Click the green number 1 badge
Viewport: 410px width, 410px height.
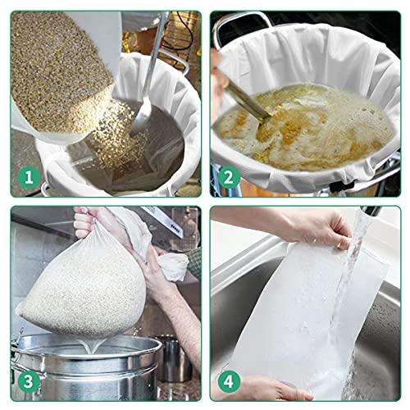click(28, 177)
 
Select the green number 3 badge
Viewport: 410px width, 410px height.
click(28, 380)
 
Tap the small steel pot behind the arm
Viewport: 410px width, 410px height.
click(172, 357)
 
